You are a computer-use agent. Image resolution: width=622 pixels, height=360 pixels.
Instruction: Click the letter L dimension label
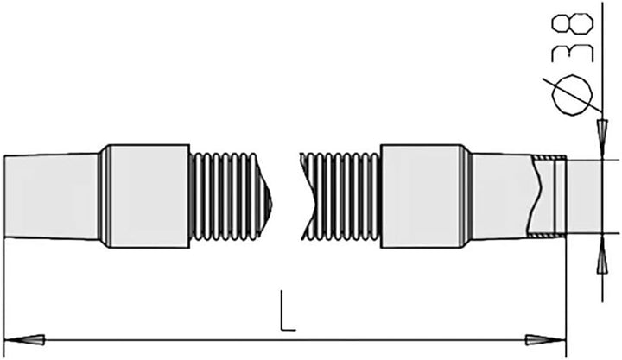click(x=287, y=311)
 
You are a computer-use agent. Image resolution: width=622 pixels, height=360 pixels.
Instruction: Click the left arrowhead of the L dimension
click(x=24, y=340)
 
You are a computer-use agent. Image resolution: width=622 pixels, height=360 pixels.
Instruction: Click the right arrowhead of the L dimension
click(x=546, y=340)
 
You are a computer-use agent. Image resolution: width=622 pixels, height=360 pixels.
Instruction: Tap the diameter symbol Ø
click(x=572, y=95)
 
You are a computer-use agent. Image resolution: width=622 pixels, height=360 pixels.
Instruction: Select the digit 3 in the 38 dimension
click(x=573, y=54)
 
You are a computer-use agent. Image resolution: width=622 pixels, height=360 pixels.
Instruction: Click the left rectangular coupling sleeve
click(x=149, y=196)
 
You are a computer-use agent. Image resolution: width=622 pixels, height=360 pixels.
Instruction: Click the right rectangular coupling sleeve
click(x=422, y=196)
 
